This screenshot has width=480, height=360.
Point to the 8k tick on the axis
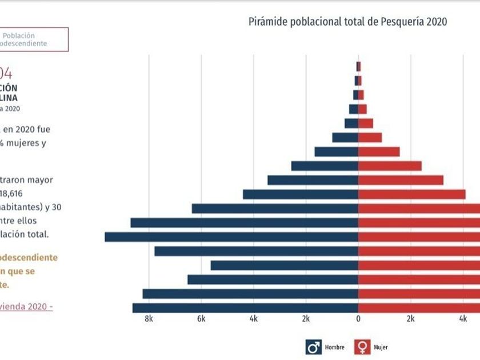149,319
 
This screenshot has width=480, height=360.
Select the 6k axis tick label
201,319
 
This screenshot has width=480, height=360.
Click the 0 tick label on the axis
358,319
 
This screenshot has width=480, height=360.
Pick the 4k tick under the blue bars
253,319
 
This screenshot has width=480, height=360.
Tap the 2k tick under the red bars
411,319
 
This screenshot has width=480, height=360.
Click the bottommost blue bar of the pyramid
245,308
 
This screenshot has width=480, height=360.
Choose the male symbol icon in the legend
314,347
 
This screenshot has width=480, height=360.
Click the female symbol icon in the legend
362,347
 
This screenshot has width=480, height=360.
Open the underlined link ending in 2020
26,306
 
